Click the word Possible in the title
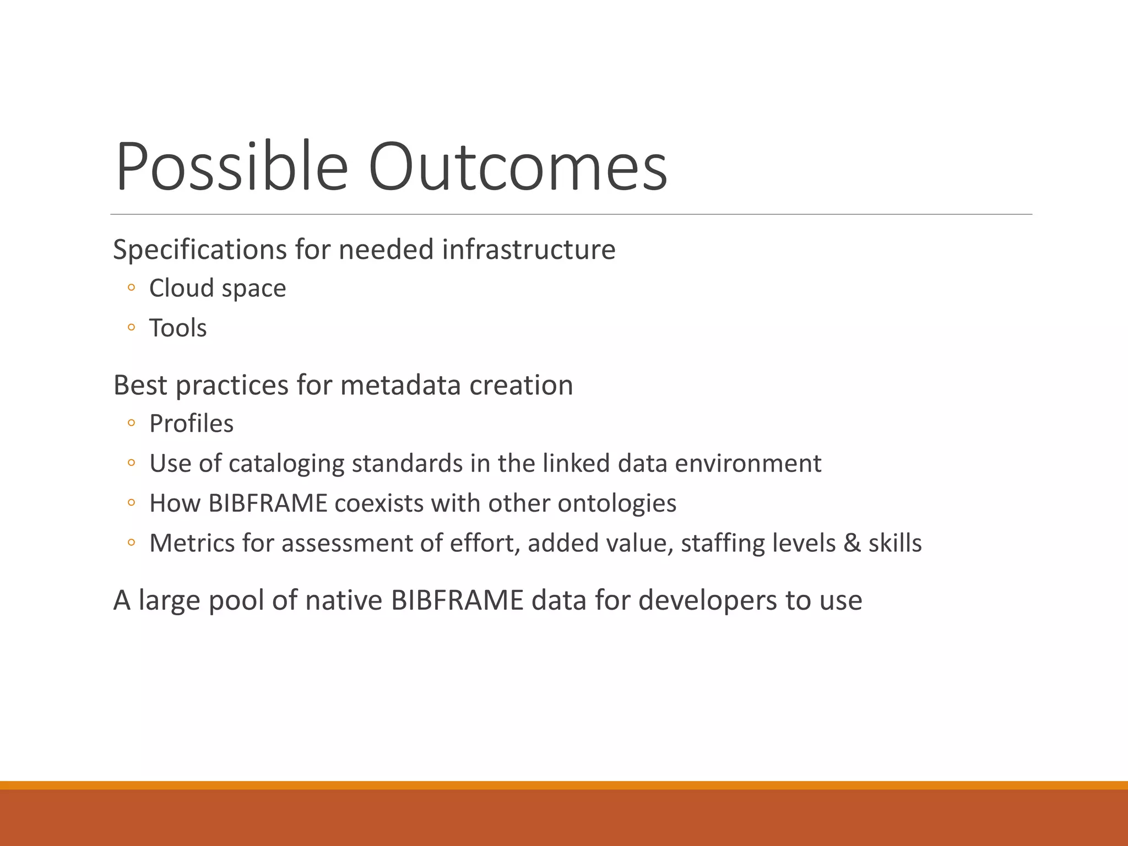click(x=231, y=166)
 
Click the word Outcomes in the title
click(x=518, y=166)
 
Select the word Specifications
click(x=199, y=250)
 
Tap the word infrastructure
click(x=528, y=250)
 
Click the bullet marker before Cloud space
click(x=131, y=288)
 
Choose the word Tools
click(x=178, y=328)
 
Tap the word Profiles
click(x=191, y=424)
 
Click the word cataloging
click(x=286, y=464)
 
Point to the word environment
click(x=748, y=464)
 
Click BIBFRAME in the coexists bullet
click(x=268, y=503)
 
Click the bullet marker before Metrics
click(x=131, y=543)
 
